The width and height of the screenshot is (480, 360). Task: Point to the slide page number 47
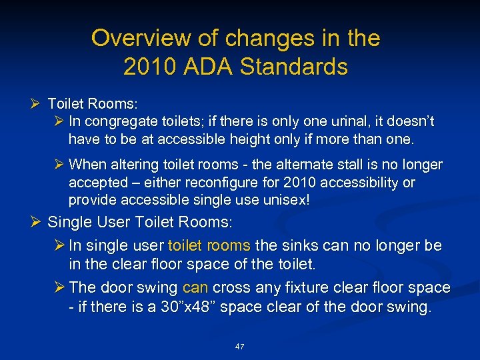pyautogui.click(x=240, y=347)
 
